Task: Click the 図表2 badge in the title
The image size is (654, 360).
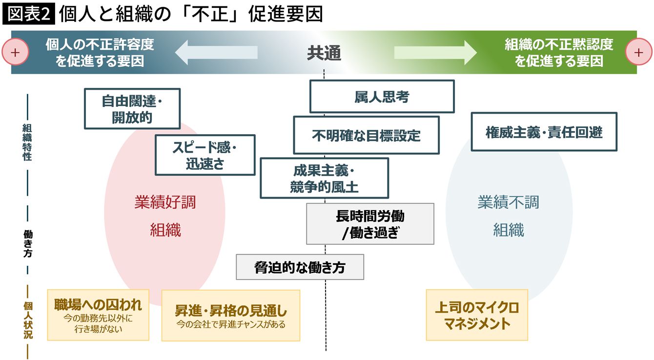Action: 29,14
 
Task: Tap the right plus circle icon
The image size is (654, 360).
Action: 638,52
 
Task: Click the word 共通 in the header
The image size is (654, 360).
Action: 324,53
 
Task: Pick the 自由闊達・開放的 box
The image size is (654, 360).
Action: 132,108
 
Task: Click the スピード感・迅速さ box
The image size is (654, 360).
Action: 205,155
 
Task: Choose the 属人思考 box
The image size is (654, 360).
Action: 382,97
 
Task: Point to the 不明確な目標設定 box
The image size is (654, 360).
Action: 366,135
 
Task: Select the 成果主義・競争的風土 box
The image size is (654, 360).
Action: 324,178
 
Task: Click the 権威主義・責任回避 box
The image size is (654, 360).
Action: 544,132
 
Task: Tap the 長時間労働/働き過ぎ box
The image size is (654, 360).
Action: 370,223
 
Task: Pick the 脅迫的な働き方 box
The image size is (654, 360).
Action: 300,267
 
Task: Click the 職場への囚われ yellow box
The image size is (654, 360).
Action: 98,315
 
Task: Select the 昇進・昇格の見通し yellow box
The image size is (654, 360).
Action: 230,315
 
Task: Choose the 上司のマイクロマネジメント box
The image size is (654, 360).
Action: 477,315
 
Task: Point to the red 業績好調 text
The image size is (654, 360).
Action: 165,202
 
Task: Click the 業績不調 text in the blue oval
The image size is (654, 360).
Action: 508,202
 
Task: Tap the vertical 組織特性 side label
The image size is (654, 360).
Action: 27,142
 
